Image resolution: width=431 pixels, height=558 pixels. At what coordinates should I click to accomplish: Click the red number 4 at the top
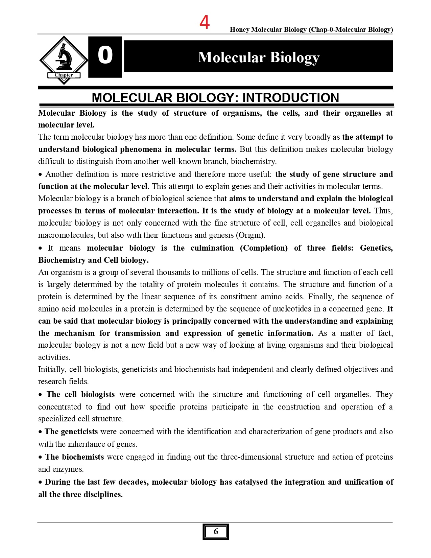205,22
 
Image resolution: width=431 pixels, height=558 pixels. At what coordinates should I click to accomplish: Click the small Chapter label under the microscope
64,75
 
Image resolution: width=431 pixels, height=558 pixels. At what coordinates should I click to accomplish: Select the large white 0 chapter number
105,55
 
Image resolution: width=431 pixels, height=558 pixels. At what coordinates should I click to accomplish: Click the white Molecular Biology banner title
259,57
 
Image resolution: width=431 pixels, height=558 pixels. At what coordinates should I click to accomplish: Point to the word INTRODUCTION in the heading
291,98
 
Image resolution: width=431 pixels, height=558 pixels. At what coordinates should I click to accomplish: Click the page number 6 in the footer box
216,532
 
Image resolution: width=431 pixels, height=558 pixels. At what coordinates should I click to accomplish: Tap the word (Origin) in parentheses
250,235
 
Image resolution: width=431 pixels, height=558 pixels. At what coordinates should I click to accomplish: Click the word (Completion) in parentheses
264,248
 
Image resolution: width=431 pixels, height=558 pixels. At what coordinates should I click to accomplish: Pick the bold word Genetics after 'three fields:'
376,248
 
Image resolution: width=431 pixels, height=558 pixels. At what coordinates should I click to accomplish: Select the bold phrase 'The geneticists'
71,432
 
